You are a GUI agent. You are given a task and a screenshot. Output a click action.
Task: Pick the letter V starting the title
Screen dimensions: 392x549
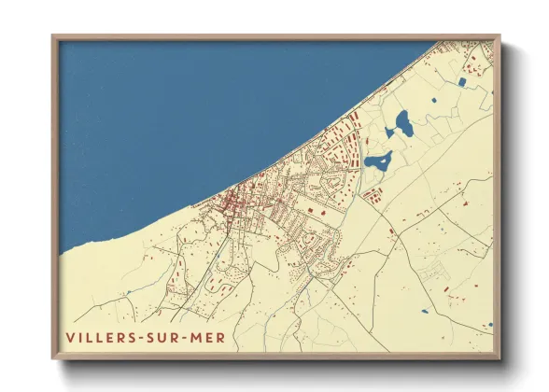coord(69,337)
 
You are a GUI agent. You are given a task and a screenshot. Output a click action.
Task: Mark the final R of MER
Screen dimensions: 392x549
coord(220,337)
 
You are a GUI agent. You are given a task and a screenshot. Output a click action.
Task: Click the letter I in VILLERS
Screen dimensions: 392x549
coord(80,337)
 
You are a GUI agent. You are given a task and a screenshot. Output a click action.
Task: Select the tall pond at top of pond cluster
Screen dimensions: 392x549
coord(402,122)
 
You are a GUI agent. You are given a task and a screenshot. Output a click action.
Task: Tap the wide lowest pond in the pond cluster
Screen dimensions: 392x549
coord(378,161)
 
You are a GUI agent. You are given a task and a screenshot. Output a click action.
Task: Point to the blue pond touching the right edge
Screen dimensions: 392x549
coord(489,325)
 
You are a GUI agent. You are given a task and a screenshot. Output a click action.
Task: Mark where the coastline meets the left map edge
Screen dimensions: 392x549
coord(61,252)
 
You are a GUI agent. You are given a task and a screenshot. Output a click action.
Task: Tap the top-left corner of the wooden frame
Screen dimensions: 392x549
coord(53,36)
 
